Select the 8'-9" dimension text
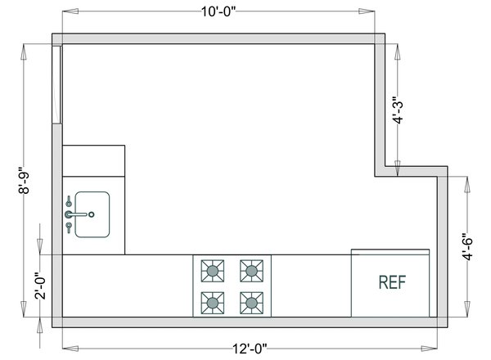27,182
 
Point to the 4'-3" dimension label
397,110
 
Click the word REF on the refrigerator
392,282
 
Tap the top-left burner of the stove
213,268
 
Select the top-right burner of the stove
251,268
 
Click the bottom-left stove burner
213,303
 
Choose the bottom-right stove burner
251,303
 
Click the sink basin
92,214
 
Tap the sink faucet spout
78,214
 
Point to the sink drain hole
92,214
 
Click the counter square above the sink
93,161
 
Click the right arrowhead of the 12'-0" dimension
432,348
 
